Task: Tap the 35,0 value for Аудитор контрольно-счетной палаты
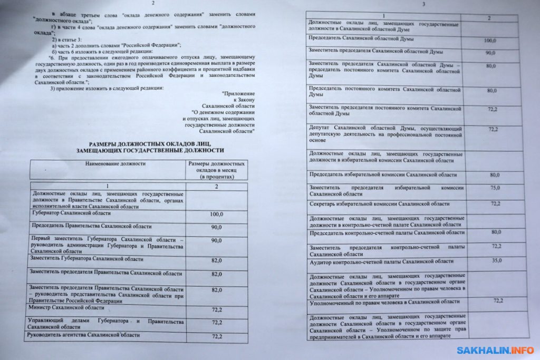(496, 260)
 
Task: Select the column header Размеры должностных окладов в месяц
(216, 170)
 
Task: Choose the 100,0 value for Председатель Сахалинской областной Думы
(491, 41)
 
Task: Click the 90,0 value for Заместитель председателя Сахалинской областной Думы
(491, 53)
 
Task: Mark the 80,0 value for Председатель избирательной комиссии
(495, 174)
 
